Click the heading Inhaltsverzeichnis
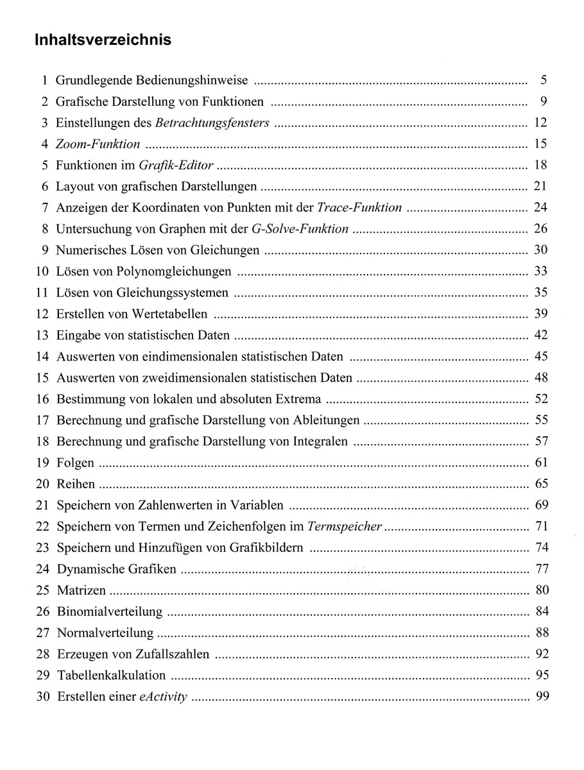point(103,40)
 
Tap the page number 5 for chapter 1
point(543,81)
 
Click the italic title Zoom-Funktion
point(98,144)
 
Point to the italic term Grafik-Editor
point(176,166)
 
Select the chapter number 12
point(42,314)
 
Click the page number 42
point(540,335)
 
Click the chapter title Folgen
point(75,463)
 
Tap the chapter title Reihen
point(76,484)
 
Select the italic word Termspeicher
point(345,527)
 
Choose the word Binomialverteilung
point(110,612)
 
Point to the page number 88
point(540,633)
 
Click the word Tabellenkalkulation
point(111,675)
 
